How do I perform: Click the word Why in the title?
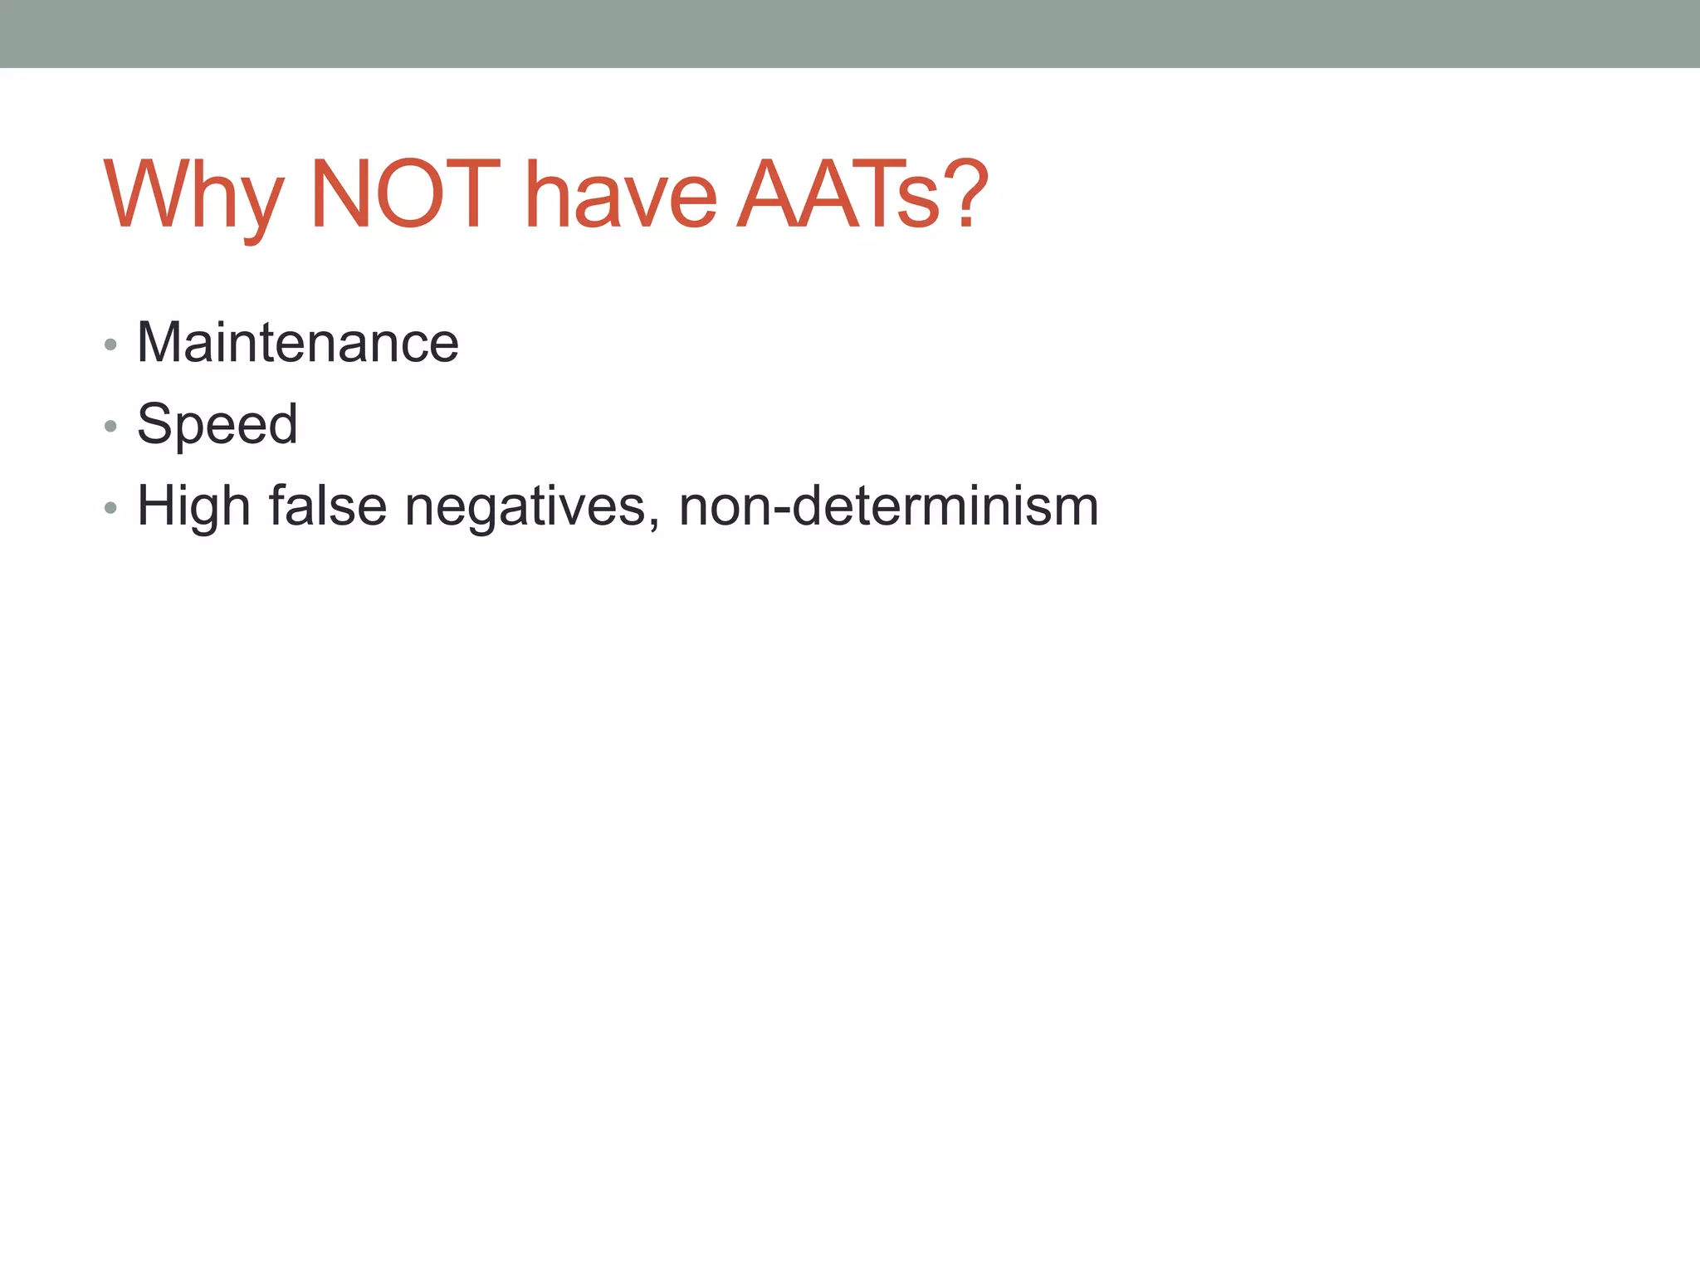point(193,196)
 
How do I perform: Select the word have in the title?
point(621,196)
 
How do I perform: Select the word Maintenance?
point(297,342)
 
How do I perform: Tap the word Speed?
point(217,423)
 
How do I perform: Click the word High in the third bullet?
point(193,506)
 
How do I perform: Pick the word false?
point(327,505)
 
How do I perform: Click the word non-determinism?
point(888,505)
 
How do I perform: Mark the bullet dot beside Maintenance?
point(110,345)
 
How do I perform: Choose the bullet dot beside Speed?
point(110,427)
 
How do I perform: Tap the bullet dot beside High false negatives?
point(110,508)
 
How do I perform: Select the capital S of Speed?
point(154,423)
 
